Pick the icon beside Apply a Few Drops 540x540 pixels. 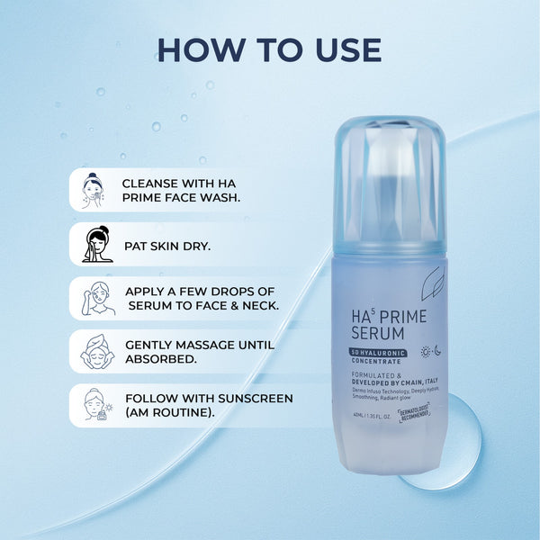tap(96, 298)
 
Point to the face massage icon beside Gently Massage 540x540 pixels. tap(96, 352)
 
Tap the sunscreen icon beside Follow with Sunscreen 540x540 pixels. tap(96, 405)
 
